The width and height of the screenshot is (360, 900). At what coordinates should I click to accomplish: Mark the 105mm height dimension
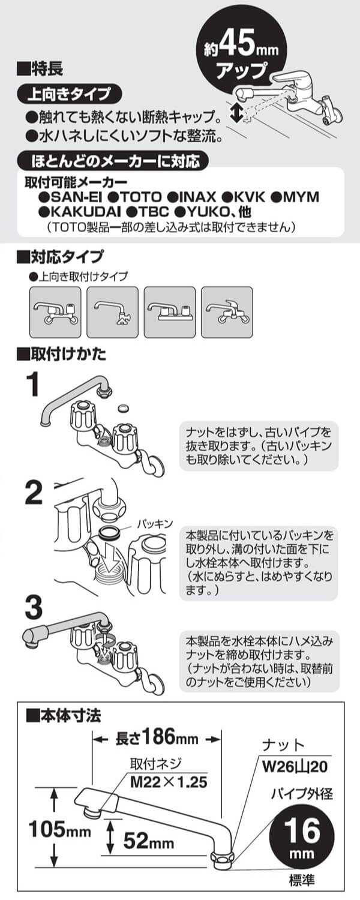[x=60, y=831]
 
